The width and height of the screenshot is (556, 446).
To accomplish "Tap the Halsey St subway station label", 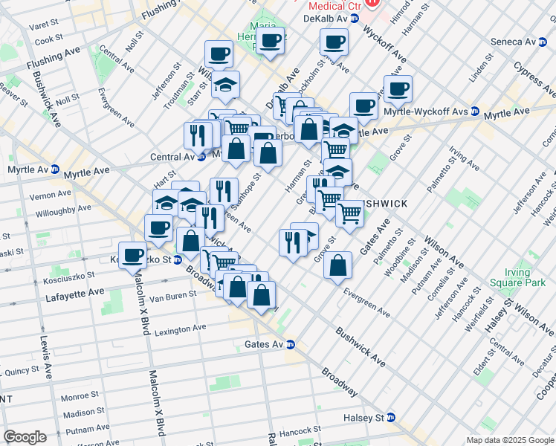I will click(x=369, y=418).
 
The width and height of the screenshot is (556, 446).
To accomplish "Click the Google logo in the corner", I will click(x=25, y=437).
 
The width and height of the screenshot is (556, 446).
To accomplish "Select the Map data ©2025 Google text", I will click(x=510, y=440).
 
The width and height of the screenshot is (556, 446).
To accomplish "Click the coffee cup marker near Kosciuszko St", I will click(x=133, y=254).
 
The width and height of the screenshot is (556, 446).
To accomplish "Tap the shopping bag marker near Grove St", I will click(x=337, y=265).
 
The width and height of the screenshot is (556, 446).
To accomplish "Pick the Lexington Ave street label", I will click(x=179, y=328).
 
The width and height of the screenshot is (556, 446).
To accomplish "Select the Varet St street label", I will click(x=42, y=25).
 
